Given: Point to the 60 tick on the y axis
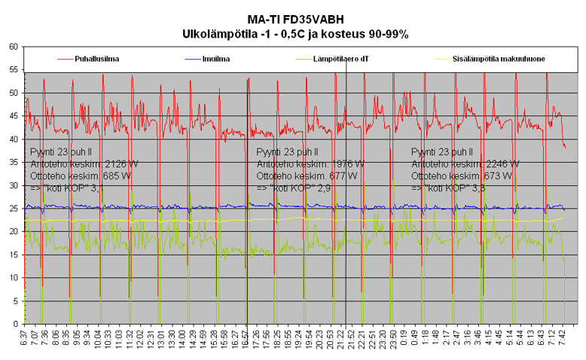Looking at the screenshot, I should pos(14,47).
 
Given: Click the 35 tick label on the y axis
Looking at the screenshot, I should pos(14,162).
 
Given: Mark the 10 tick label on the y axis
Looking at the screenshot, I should pos(14,278).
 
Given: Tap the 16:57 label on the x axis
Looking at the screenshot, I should pos(245,337).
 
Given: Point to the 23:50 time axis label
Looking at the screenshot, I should pos(393,337).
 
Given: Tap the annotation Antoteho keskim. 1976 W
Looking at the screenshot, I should pos(310,163).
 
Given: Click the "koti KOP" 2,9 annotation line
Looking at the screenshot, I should pos(294,188).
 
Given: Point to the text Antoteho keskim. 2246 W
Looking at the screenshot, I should pos(465,163).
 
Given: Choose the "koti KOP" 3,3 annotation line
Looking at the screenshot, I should pos(448,188).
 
